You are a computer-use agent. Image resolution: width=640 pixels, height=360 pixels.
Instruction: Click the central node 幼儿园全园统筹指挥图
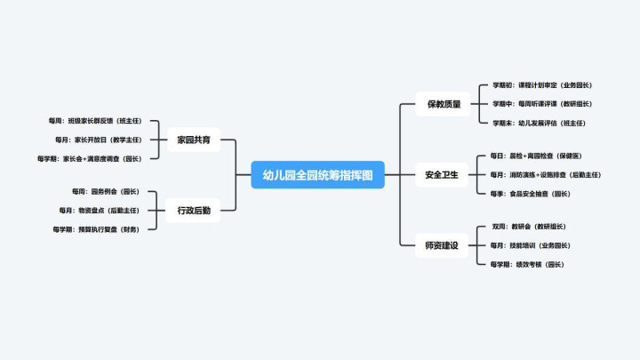tap(317, 174)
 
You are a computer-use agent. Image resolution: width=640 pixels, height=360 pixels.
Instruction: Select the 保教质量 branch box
tap(442, 104)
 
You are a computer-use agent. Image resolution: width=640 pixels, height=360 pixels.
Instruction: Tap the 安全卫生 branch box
tap(442, 174)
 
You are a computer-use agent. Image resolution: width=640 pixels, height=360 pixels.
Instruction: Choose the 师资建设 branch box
tap(442, 244)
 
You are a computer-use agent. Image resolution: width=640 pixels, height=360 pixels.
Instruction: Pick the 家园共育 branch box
tap(193, 140)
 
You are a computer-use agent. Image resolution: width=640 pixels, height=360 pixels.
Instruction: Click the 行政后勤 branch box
tap(193, 210)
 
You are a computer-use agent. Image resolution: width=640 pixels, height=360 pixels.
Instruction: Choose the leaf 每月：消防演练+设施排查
tap(545, 174)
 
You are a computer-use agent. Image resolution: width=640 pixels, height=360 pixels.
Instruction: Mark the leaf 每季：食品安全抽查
tap(530, 193)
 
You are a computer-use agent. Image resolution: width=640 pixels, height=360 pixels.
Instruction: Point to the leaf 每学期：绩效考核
tap(527, 264)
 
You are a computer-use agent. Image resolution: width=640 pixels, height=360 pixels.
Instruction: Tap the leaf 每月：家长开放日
tap(98, 140)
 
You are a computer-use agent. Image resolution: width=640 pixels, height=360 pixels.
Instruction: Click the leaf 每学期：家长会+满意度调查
tap(90, 158)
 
